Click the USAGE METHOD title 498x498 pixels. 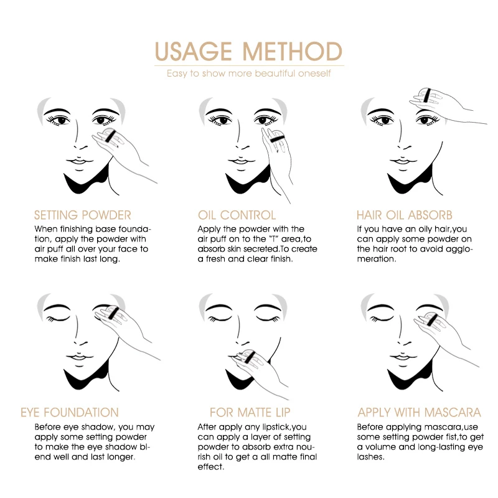(248, 51)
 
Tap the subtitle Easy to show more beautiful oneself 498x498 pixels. (248, 73)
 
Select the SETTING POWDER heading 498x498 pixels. (83, 215)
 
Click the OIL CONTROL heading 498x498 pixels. (237, 215)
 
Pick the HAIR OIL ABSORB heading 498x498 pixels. (405, 215)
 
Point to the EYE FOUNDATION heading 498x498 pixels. (70, 412)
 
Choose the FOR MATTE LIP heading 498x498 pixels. (250, 412)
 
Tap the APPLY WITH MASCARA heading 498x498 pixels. (419, 412)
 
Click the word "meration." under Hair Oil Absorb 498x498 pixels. (377, 259)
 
